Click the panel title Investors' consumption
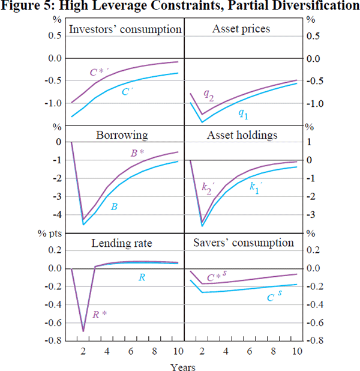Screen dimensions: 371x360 [125, 29]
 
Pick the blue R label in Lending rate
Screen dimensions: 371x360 [142, 277]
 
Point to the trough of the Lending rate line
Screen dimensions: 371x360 [83, 331]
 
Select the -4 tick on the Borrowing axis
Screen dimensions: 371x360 [59, 215]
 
